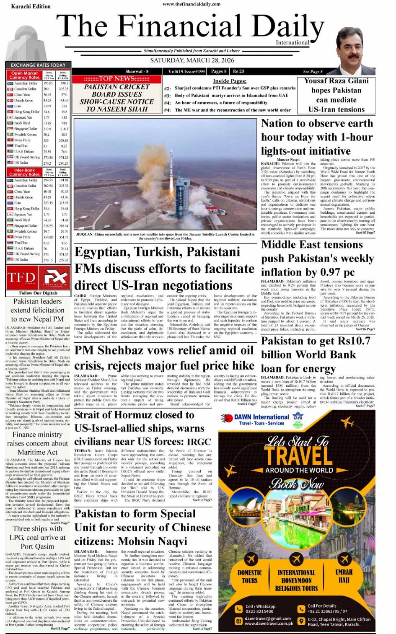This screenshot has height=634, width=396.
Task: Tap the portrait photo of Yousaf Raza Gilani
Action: (355, 49)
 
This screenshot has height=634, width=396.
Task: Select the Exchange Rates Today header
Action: (38, 65)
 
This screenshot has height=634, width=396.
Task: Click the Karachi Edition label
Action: (31, 6)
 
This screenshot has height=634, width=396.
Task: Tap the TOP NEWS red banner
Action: (116, 79)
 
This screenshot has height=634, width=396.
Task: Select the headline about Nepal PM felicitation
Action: (37, 310)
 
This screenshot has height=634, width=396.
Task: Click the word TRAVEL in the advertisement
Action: (298, 455)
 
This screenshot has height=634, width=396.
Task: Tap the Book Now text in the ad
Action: (297, 484)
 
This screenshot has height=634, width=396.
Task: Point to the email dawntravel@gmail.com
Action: (268, 618)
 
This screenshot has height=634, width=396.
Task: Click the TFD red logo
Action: (21, 277)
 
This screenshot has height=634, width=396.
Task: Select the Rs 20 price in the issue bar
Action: (238, 71)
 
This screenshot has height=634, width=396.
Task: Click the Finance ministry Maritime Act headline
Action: (37, 443)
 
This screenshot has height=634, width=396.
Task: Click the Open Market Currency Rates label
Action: (24, 75)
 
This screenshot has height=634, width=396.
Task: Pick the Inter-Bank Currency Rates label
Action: (24, 172)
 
